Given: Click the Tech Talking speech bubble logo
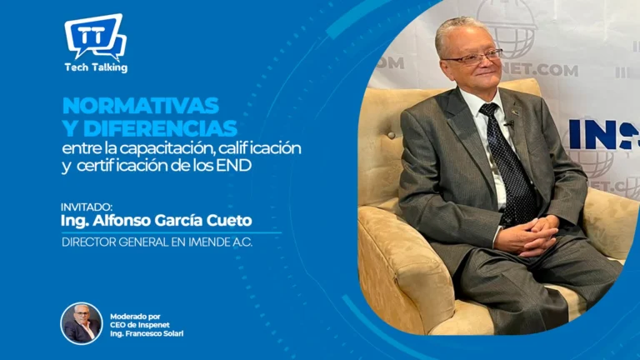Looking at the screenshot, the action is pyautogui.click(x=96, y=37).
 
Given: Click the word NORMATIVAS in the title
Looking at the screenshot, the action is pyautogui.click(x=141, y=106).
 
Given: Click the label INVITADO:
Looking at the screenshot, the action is pyautogui.click(x=87, y=207).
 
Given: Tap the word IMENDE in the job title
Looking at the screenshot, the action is pyautogui.click(x=209, y=242).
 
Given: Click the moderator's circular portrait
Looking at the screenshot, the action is pyautogui.click(x=82, y=323).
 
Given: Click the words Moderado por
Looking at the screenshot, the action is pyautogui.click(x=135, y=317).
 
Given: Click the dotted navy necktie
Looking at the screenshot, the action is pyautogui.click(x=507, y=163).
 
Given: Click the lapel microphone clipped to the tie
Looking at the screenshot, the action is pyautogui.click(x=509, y=122).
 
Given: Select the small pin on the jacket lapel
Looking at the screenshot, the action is pyautogui.click(x=516, y=112).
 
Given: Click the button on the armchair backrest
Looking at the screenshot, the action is pyautogui.click(x=392, y=135).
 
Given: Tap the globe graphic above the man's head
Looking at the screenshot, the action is pyautogui.click(x=506, y=28).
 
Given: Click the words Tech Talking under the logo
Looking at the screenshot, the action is pyautogui.click(x=96, y=67).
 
